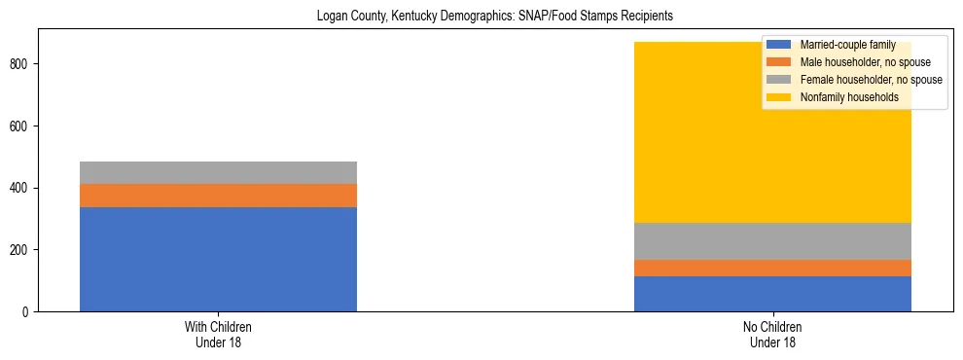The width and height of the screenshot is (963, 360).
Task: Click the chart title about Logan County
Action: coord(481,17)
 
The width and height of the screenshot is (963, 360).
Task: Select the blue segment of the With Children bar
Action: coord(218,259)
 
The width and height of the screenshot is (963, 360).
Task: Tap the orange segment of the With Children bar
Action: coord(218,196)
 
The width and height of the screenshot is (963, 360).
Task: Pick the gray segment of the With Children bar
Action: coord(218,172)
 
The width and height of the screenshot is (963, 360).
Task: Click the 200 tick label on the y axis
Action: coord(23,250)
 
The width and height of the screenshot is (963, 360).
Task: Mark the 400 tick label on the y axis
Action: coord(23,188)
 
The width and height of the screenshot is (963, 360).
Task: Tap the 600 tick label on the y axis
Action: coord(23,126)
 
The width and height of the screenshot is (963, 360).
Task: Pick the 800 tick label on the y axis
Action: coord(23,64)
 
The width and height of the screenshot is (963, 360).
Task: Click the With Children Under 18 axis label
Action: coord(218,335)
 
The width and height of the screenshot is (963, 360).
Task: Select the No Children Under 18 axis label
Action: coord(772,335)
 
